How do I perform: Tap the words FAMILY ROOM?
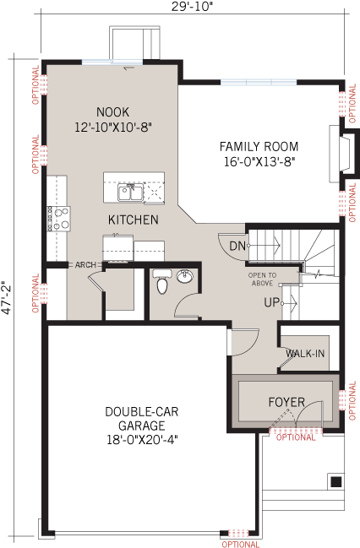click(259, 145)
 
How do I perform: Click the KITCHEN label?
click(133, 220)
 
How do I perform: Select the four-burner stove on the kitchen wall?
click(58, 219)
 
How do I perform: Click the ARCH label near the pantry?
click(85, 264)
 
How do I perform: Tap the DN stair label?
click(237, 246)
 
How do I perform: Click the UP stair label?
click(272, 301)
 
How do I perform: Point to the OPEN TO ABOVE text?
click(261, 279)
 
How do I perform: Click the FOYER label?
click(286, 401)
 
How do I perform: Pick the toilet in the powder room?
click(162, 285)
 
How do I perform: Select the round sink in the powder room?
click(185, 276)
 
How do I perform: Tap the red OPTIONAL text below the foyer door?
click(296, 437)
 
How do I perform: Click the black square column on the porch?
click(335, 482)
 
